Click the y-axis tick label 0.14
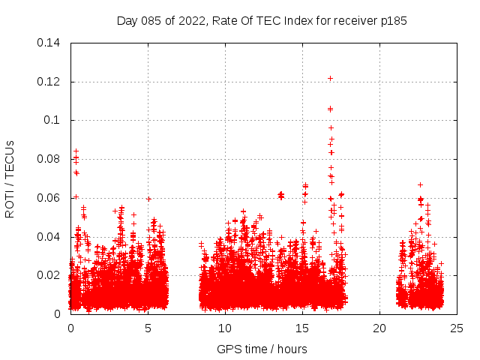(49, 43)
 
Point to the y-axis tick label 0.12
(49, 82)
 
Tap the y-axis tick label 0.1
(52, 120)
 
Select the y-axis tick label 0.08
(49, 159)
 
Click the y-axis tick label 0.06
(49, 198)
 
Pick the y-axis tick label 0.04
(49, 237)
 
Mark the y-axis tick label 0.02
(49, 275)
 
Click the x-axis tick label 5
(148, 328)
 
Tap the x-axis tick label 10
(225, 328)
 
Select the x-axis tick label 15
(302, 328)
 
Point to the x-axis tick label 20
(379, 328)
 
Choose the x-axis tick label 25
(457, 328)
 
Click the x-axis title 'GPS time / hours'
(262, 349)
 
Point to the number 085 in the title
(153, 20)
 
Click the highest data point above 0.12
(330, 78)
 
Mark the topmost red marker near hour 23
(420, 184)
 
